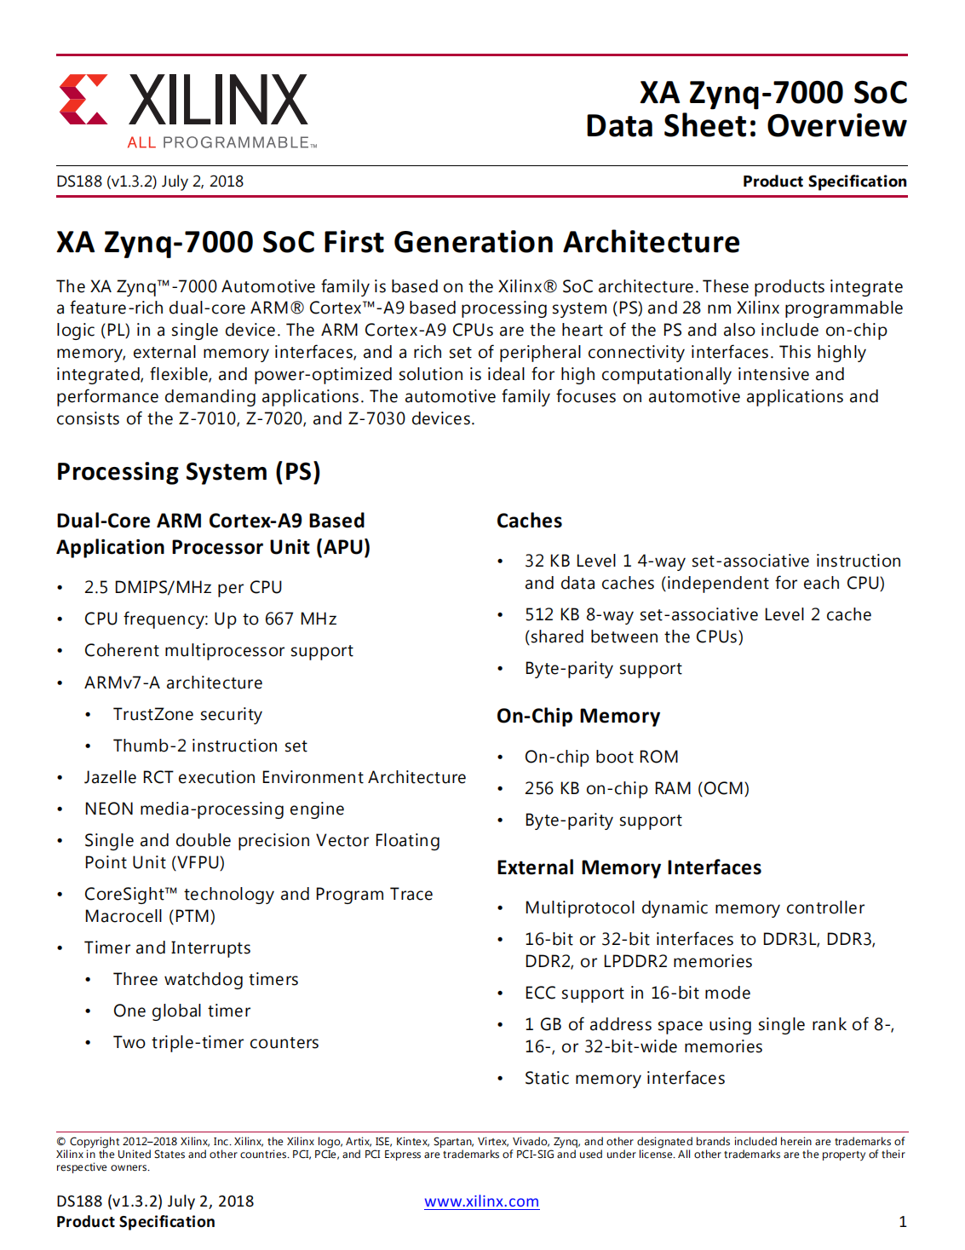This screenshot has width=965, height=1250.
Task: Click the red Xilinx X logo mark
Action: (83, 100)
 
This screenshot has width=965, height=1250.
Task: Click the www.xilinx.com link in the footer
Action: (481, 1201)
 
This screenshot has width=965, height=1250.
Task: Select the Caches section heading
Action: (530, 521)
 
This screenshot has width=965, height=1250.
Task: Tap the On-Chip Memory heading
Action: (578, 716)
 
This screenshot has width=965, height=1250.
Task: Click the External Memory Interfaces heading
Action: (629, 867)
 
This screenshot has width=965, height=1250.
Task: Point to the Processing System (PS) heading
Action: (188, 472)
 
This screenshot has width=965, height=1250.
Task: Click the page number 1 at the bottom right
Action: (902, 1222)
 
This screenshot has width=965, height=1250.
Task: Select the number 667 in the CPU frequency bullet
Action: (279, 619)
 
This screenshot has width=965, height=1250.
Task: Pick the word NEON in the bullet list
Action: (109, 809)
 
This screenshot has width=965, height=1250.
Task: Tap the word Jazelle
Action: (112, 777)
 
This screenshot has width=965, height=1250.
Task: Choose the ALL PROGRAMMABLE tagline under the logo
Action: (219, 142)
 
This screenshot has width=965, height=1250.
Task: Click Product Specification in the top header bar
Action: (824, 181)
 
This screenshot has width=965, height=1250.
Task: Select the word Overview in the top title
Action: (836, 126)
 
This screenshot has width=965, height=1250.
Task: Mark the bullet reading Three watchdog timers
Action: (205, 979)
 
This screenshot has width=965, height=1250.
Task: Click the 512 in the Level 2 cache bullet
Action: (539, 614)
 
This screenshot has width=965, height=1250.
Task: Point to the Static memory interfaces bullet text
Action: (624, 1078)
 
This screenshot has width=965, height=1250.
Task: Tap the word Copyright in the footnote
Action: (95, 1142)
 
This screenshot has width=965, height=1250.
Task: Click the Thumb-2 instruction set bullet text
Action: (210, 746)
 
